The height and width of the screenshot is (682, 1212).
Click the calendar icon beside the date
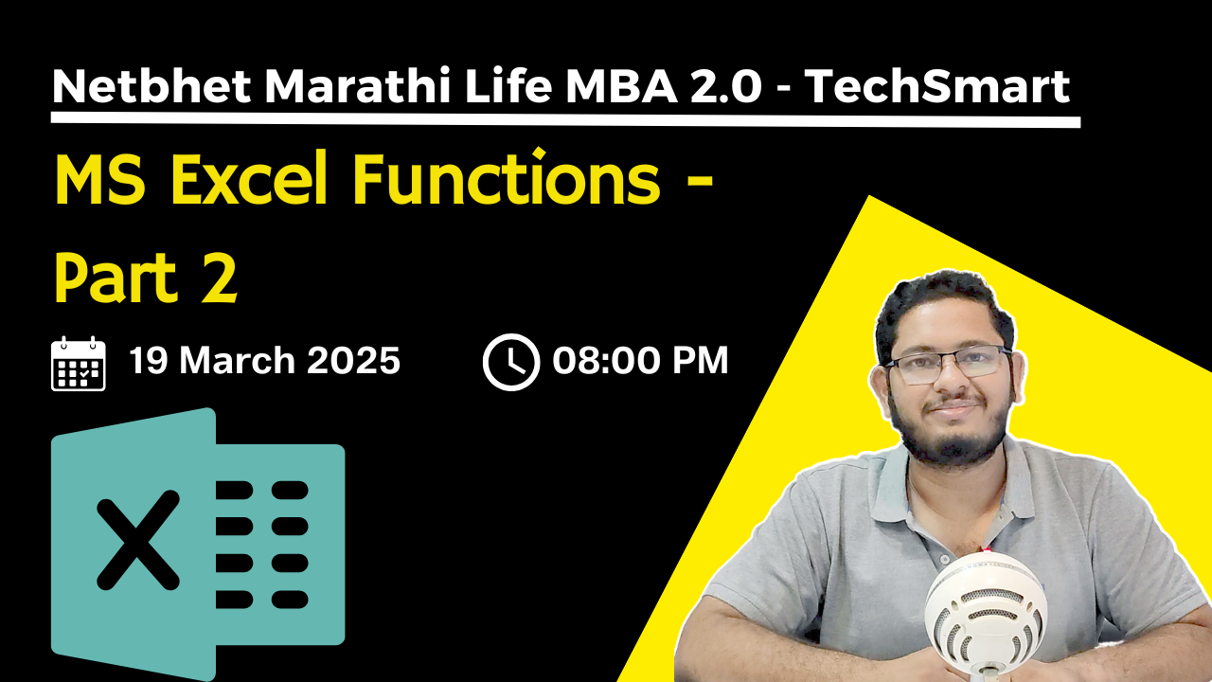tap(79, 363)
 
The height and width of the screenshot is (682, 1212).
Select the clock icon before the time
tap(510, 363)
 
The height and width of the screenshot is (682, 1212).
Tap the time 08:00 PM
tap(641, 361)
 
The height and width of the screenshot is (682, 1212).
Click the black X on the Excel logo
tap(138, 539)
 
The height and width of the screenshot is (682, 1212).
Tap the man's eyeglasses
tap(946, 365)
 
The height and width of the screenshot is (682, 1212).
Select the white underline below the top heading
tap(565, 120)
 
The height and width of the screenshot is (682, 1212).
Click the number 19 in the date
tap(148, 361)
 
